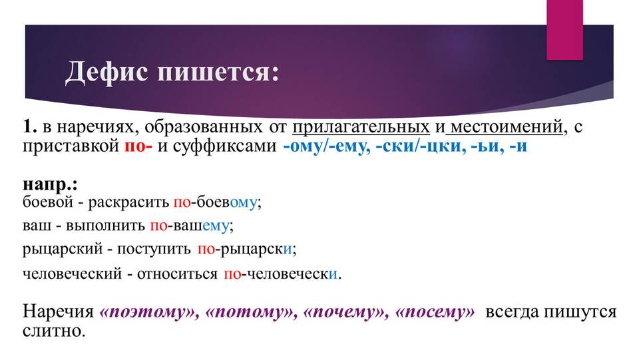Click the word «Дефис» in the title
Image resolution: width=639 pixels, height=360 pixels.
tap(106, 72)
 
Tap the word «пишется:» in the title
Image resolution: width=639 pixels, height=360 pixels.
tap(218, 72)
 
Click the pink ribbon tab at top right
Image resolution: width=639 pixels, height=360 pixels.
tap(564, 30)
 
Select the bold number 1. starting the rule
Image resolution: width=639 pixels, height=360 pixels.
tap(29, 126)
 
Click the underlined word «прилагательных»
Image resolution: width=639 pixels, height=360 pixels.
tap(361, 127)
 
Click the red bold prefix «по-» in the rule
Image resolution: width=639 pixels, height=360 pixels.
tap(138, 146)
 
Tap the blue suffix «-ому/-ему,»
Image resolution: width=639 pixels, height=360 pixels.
tap(326, 146)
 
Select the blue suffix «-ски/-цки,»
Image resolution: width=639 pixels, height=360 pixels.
tap(421, 146)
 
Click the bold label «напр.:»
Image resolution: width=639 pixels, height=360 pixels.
tap(50, 184)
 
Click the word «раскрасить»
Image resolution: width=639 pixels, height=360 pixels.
tap(128, 202)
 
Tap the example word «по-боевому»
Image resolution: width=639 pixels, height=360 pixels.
tap(215, 202)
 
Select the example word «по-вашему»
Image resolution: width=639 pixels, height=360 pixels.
tap(190, 226)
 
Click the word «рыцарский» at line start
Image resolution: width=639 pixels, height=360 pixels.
tap(63, 249)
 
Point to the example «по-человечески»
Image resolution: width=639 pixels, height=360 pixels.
tap(281, 273)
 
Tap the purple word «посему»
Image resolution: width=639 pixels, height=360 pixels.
tap(435, 312)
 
